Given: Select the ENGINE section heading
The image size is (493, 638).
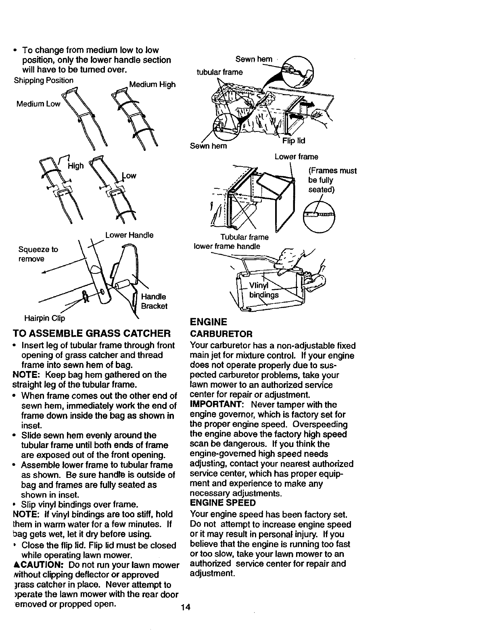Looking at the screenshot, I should pos(209,322).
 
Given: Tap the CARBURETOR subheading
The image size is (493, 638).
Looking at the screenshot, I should pos(221,334).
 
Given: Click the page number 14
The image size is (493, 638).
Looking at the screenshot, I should pos(186,607).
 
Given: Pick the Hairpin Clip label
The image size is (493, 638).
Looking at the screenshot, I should pos(45,319).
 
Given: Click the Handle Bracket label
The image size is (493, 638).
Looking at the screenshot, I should pos(154,301).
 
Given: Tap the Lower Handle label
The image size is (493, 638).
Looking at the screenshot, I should pos(129,235).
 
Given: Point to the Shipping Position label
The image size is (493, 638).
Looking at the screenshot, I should pos(44,80).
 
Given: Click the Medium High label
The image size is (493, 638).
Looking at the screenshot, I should pos(152,85).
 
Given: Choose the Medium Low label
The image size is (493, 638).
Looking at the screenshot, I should pos(38,104).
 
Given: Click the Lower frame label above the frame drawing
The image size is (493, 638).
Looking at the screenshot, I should pos(296,157).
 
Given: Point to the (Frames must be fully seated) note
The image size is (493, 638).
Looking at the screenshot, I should pos(332,180).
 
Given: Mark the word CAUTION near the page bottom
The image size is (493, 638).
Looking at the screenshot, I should pos(39,565).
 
